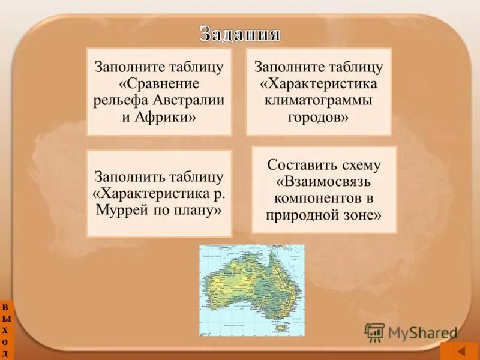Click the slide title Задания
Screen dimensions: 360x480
240,34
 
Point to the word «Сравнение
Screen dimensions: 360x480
159,83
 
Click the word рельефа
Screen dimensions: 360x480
118,100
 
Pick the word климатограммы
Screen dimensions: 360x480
318,99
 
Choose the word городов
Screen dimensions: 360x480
318,116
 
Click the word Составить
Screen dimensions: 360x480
297,165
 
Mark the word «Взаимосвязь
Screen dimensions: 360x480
324,181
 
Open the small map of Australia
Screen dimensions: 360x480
252,289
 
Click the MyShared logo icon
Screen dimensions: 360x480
374,332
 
